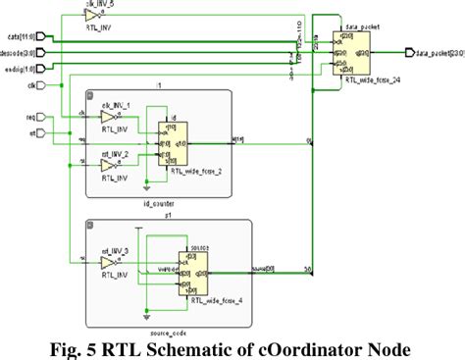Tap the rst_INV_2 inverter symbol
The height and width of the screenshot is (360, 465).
click(x=109, y=167)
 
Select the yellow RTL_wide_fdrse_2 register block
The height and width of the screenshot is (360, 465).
click(x=173, y=147)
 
